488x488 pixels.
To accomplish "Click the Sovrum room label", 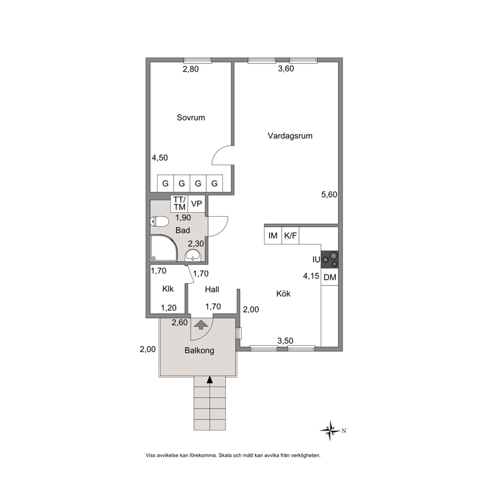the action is click(191, 118).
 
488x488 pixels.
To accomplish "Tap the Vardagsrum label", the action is click(290, 136).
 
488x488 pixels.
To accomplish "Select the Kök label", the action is click(283, 294).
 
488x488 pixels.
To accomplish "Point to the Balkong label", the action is click(199, 351).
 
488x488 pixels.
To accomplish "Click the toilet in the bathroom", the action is click(159, 222).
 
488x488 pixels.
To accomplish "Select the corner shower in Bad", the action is click(164, 248).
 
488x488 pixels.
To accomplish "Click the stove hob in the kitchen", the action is click(330, 260).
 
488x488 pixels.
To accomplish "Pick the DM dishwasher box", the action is click(330, 277).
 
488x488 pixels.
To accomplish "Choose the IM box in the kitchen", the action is click(273, 236).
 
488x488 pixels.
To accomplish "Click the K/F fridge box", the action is click(290, 236).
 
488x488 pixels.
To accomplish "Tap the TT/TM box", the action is click(179, 204).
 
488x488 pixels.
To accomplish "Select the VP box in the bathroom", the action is click(196, 204).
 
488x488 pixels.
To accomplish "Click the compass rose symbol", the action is click(331, 431).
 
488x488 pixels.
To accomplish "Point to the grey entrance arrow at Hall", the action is click(201, 325).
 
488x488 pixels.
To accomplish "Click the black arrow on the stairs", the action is click(210, 379).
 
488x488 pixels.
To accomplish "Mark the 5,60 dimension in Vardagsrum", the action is click(329, 194).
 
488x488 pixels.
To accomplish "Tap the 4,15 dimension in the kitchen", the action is click(311, 276).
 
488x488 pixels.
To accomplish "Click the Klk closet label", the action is click(168, 289).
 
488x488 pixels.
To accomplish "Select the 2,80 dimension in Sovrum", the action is click(190, 69).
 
